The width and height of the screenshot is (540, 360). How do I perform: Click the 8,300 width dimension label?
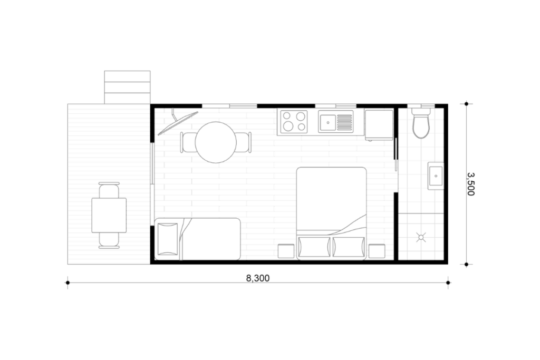click(257, 278)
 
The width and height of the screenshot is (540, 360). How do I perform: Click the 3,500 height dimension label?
click(471, 184)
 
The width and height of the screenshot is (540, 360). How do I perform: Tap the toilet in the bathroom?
click(421, 123)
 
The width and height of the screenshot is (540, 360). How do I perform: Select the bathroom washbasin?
click(436, 176)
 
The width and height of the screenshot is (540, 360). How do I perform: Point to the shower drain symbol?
click(421, 237)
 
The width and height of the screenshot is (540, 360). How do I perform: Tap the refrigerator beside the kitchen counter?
click(379, 124)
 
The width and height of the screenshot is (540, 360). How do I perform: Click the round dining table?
click(216, 142)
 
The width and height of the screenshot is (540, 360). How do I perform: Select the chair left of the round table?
click(188, 142)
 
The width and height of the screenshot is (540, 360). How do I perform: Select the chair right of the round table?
click(244, 142)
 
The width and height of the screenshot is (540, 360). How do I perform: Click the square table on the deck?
click(109, 215)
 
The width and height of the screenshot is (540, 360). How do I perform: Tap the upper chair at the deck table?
click(109, 190)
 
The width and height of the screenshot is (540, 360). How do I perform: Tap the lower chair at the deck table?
click(109, 240)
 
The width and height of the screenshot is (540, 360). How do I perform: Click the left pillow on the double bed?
click(314, 247)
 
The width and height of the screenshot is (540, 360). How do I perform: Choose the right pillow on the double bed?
click(348, 247)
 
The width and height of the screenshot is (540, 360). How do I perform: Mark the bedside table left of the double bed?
click(286, 251)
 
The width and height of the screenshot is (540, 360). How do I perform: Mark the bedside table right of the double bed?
click(377, 251)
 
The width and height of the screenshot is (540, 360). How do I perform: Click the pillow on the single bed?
click(168, 239)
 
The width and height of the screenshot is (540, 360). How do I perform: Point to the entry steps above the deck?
click(128, 87)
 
